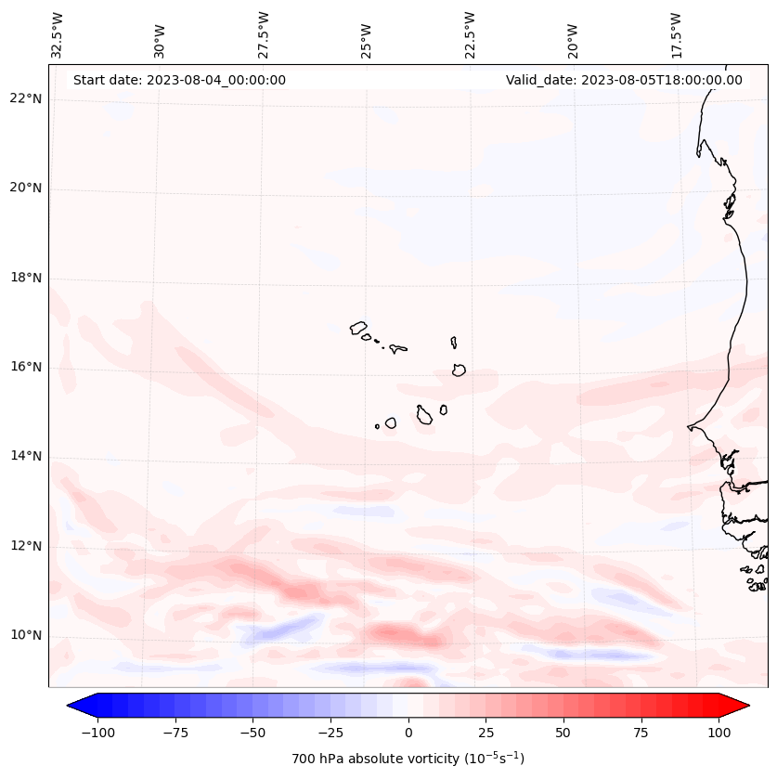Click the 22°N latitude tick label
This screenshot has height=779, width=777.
pos(25,99)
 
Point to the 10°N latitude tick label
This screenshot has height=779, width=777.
pos(25,636)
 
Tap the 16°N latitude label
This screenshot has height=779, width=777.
pos(25,368)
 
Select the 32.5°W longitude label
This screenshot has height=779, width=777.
pos(58,34)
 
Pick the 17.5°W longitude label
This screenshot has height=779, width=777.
pos(676,34)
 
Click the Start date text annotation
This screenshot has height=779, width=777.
pos(179,80)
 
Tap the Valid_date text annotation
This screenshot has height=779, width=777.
pos(624,80)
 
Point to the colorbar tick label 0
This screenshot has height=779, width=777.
pos(408,733)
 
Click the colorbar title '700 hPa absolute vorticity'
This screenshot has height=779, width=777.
pos(408,759)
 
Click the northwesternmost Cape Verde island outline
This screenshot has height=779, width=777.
pos(359,327)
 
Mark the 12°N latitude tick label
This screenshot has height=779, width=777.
pos(25,546)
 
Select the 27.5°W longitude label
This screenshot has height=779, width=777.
pos(264,34)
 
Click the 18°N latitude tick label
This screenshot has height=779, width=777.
pos(25,279)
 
